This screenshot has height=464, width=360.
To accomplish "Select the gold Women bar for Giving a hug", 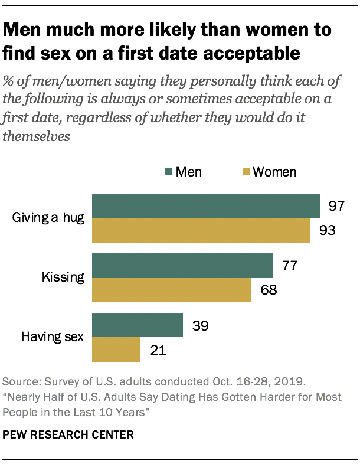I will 201,230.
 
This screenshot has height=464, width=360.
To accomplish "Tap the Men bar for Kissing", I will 182,266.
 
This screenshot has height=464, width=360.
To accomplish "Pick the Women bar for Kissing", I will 172,290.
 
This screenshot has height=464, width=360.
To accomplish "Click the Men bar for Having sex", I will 138,325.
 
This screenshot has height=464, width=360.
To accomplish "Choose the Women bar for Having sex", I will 116,349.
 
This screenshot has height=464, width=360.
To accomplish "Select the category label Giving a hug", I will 48,218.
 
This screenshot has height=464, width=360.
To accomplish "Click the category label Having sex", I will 53,337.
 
